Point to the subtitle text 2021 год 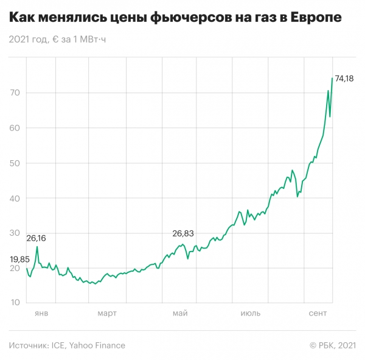point(29,40)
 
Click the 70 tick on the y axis point(15,93)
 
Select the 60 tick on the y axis point(15,128)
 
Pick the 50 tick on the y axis point(15,163)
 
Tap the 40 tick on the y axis point(15,199)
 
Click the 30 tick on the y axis point(15,234)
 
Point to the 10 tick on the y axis point(15,303)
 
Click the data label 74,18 point(344,79)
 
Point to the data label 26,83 point(183,233)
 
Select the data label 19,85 point(20,259)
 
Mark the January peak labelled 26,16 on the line point(37,247)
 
